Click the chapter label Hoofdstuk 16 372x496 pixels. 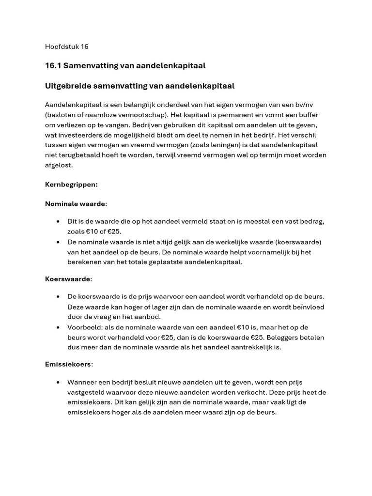point(66,47)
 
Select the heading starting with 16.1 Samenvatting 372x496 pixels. point(125,65)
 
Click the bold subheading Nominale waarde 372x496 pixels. point(75,203)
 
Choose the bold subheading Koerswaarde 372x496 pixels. point(68,279)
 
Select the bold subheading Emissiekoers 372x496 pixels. point(69,364)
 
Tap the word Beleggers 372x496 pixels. point(299,337)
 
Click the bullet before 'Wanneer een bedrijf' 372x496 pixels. point(58,382)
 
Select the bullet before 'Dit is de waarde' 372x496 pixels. point(58,221)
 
